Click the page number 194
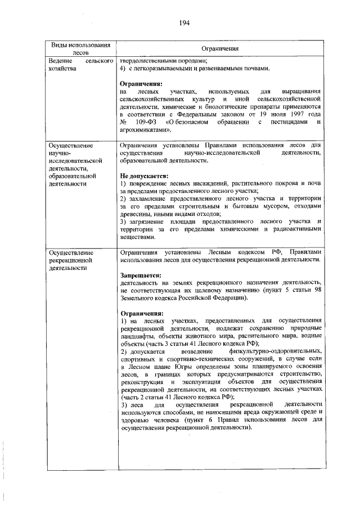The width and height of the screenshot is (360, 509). tap(184, 23)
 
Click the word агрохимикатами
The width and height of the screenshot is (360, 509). tap(144, 129)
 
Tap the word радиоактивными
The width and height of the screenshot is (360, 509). tap(299, 229)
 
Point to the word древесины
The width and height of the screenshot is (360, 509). tap(137, 214)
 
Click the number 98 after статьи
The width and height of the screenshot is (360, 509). tap(317, 290)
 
